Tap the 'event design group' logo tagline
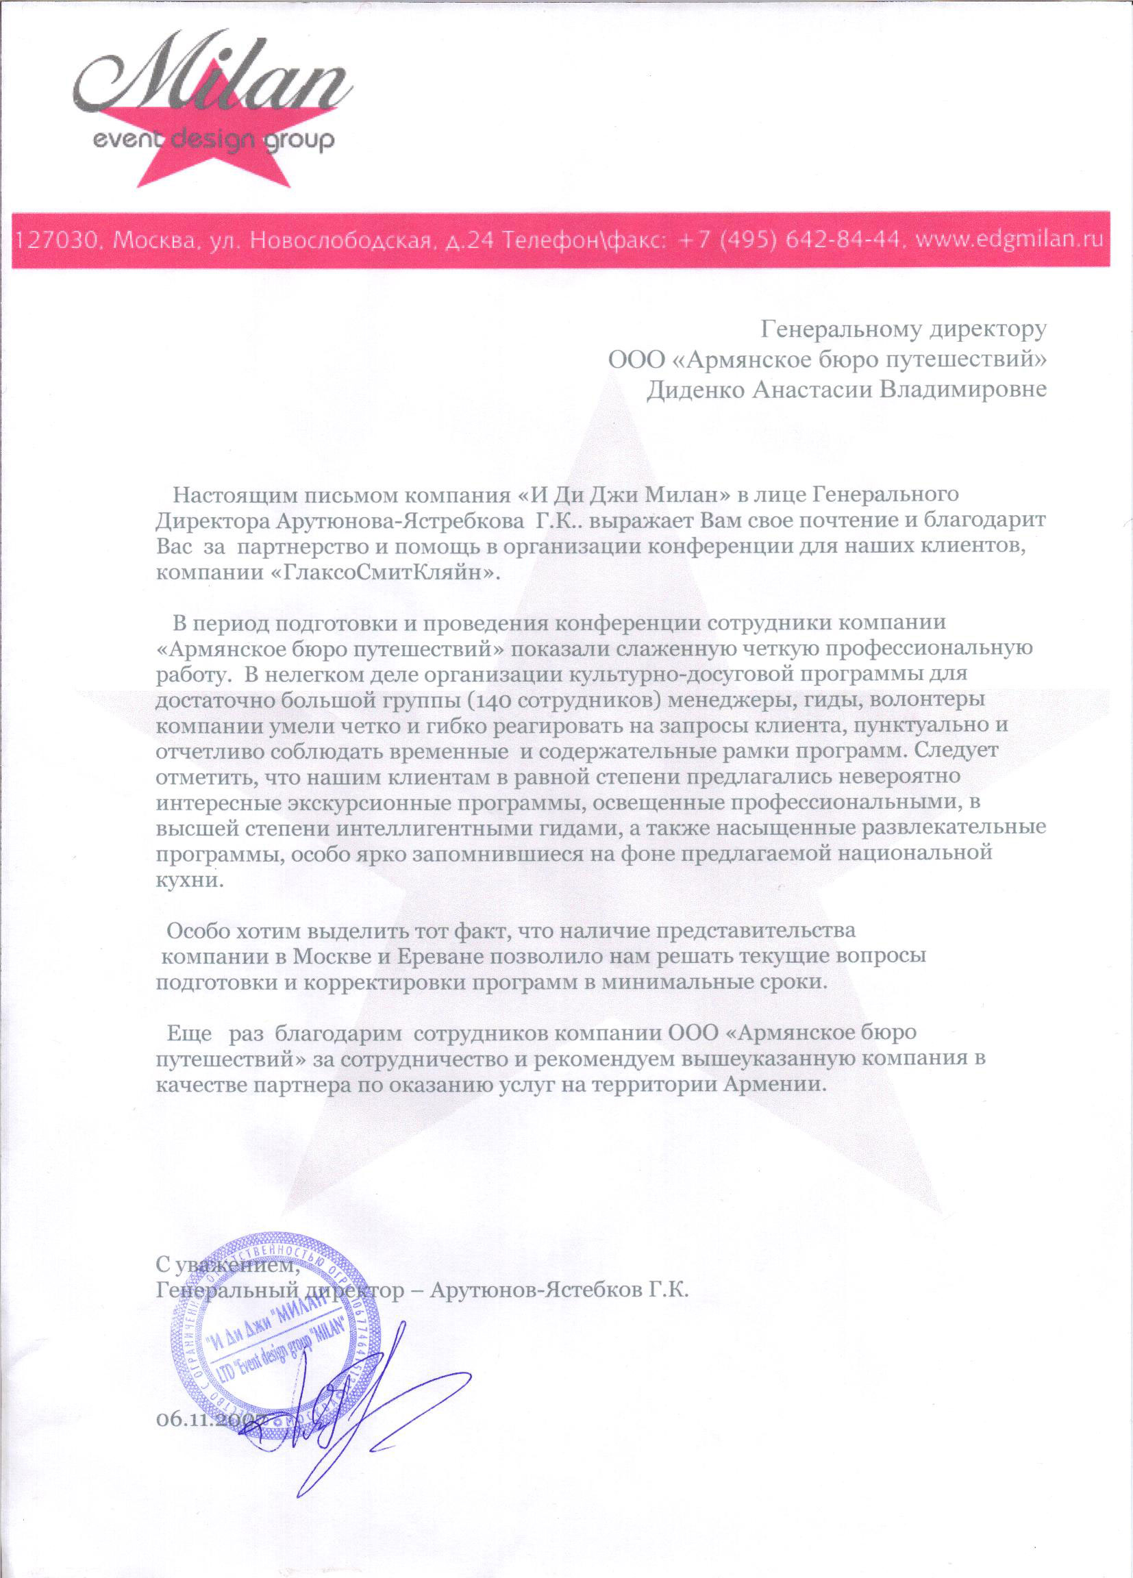(x=214, y=141)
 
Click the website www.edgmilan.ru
(x=1009, y=240)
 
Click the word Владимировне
(x=963, y=389)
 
